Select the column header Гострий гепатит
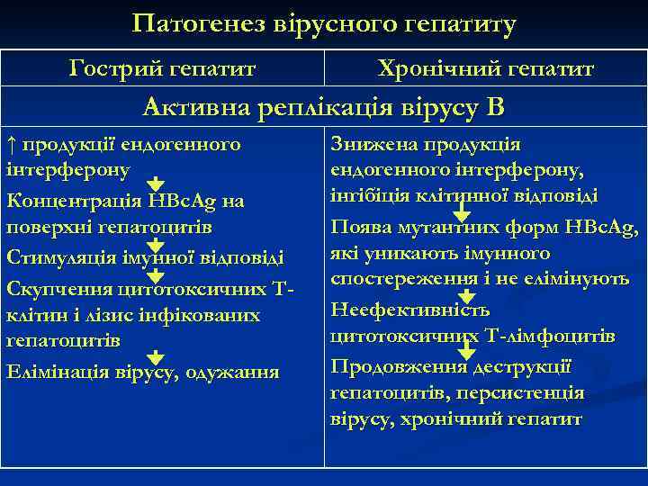click(x=162, y=68)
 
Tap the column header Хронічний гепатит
click(x=486, y=68)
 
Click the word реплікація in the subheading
click(x=325, y=108)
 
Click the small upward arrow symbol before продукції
click(x=11, y=144)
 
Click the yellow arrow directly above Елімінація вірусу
click(x=155, y=357)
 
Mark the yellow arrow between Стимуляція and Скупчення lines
click(x=155, y=274)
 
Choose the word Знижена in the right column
click(x=366, y=144)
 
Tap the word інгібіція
click(x=368, y=196)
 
